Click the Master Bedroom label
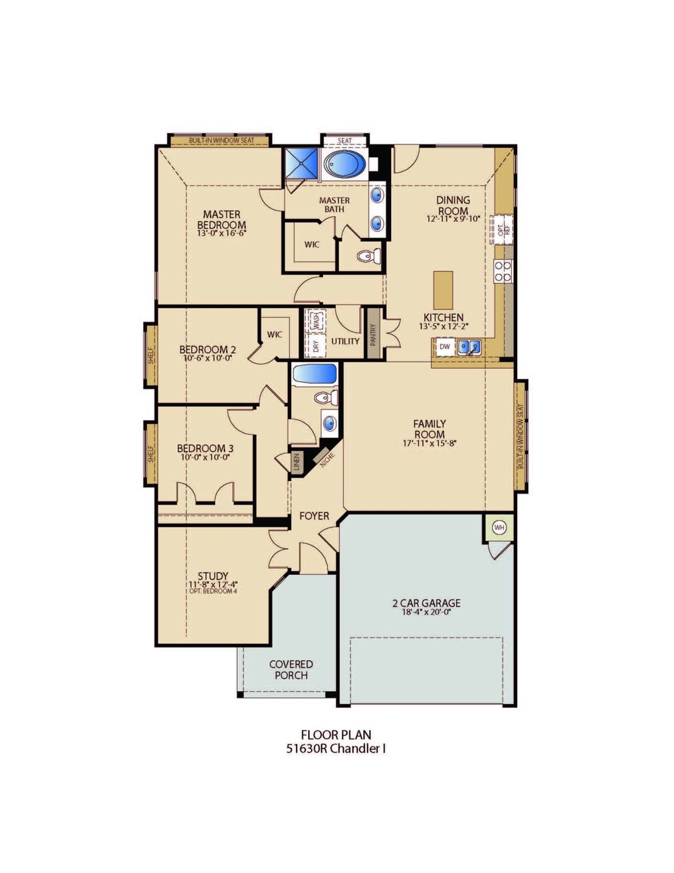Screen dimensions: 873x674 (221, 219)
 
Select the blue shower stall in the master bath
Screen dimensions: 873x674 (302, 163)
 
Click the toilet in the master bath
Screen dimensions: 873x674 (368, 256)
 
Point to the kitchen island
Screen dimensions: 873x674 (443, 290)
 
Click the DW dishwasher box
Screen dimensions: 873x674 (444, 346)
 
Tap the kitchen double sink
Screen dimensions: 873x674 (469, 347)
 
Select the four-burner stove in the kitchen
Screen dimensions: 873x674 (502, 271)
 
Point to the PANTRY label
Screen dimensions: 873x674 (373, 334)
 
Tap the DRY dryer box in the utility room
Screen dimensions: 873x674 (316, 346)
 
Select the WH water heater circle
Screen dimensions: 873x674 (499, 528)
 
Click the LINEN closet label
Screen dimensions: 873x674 (296, 462)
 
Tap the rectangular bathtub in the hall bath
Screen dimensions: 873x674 (314, 375)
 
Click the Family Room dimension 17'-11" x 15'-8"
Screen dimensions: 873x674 (429, 443)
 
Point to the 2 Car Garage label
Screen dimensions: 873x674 (426, 603)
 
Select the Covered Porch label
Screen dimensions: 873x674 (291, 669)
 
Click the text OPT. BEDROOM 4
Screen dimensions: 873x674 (213, 591)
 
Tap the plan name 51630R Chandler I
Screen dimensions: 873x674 (336, 748)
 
